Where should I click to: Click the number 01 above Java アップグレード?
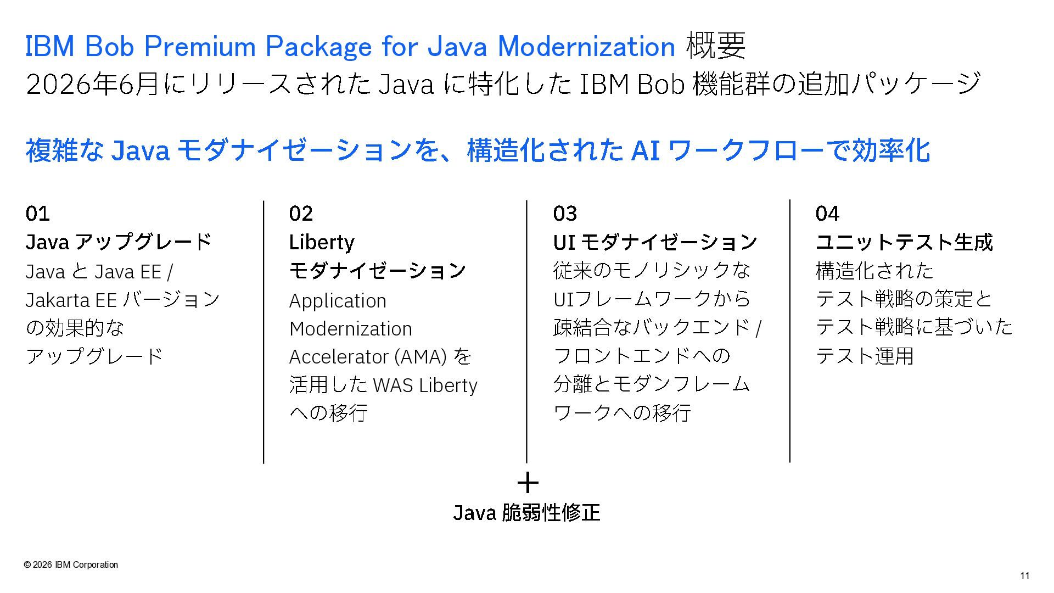tap(37, 213)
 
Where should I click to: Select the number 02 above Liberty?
tap(301, 213)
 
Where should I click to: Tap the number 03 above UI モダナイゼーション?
tap(565, 213)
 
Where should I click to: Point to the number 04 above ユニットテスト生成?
tap(827, 213)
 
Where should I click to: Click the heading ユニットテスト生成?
tap(904, 242)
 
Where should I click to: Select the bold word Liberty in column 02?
tap(322, 242)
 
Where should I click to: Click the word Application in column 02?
tap(338, 301)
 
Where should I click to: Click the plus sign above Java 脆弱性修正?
tap(528, 483)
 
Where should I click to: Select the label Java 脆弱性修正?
tap(526, 512)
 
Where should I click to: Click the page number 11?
tap(1024, 575)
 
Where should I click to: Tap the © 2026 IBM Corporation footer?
tap(71, 564)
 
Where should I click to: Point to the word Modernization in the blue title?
tap(586, 46)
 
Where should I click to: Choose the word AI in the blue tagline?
tap(646, 150)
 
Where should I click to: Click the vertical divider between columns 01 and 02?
tap(263, 332)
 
